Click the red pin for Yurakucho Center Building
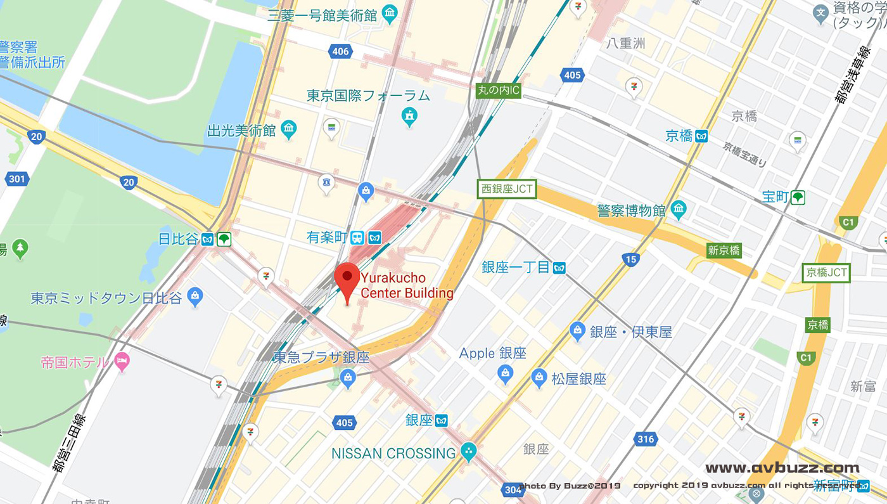347,278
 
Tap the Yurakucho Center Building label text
407,285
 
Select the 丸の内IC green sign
498,91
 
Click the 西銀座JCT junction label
507,188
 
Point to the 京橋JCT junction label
826,273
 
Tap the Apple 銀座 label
492,353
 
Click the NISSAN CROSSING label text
393,453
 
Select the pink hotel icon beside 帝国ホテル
122,362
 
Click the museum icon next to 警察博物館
679,209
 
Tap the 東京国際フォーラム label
368,96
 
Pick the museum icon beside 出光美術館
289,131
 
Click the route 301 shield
17,179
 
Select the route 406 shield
340,51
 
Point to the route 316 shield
646,439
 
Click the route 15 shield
630,259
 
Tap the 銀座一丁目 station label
516,267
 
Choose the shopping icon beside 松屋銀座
539,378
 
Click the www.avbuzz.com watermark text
782,468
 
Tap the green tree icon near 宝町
798,197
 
